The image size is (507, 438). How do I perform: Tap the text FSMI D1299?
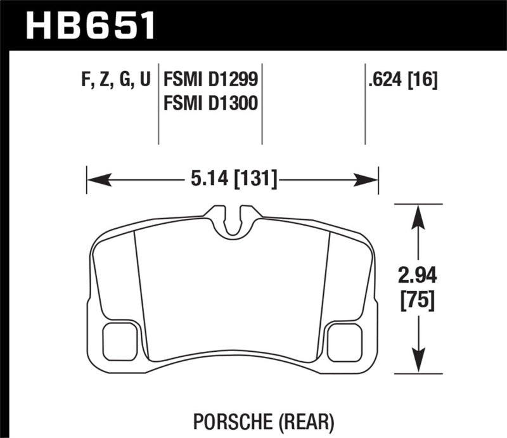click(x=210, y=80)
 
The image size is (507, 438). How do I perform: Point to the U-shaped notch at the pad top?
click(x=235, y=222)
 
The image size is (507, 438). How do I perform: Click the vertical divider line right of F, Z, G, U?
click(x=158, y=105)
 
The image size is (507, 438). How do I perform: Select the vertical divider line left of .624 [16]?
click(x=365, y=105)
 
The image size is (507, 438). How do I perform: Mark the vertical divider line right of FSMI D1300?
click(x=262, y=105)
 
